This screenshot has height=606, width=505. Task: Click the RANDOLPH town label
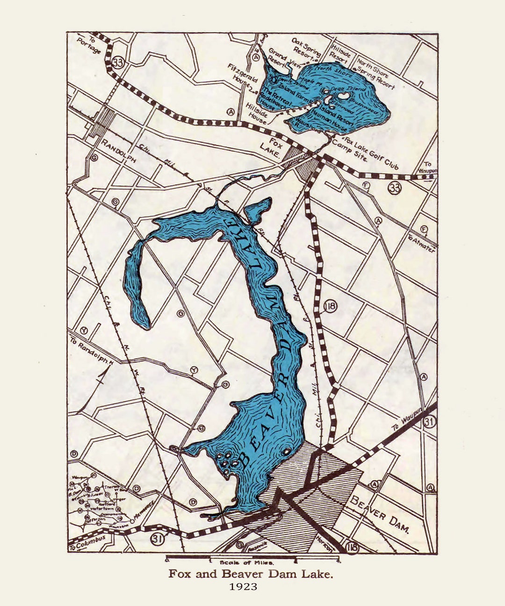119,151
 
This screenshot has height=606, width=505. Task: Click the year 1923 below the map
243,586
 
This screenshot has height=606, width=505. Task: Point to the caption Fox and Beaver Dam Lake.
251,574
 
